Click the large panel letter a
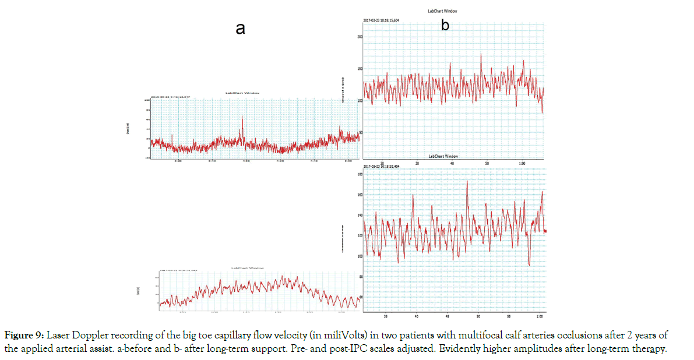pyautogui.click(x=240, y=29)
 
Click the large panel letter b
pyautogui.click(x=445, y=25)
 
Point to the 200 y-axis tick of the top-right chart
pyautogui.click(x=360, y=37)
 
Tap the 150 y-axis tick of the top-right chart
pyautogui.click(x=360, y=69)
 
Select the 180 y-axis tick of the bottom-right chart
pyautogui.click(x=360, y=174)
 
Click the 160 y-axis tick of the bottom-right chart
pyautogui.click(x=360, y=195)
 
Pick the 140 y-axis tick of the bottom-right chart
pyautogui.click(x=360, y=215)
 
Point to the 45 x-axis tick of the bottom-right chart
pyautogui.click(x=447, y=317)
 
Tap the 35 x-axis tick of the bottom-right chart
pyautogui.click(x=385, y=317)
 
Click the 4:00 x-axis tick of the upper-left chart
pyautogui.click(x=246, y=161)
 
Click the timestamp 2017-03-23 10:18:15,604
pyautogui.click(x=381, y=20)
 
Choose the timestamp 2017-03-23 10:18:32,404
pyautogui.click(x=381, y=166)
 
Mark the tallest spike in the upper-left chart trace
pyautogui.click(x=242, y=117)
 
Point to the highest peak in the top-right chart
pyautogui.click(x=481, y=54)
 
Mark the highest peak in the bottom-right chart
pyautogui.click(x=467, y=181)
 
